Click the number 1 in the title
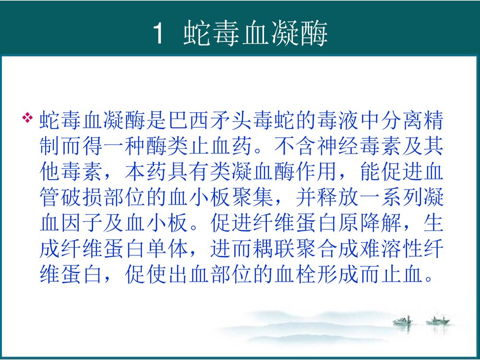click(159, 34)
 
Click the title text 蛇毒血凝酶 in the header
click(255, 34)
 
